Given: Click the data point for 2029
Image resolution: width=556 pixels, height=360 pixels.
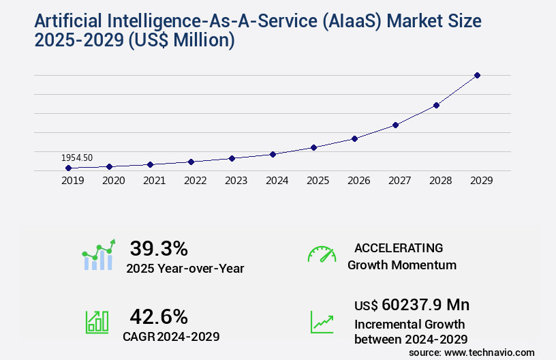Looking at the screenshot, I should (x=477, y=75).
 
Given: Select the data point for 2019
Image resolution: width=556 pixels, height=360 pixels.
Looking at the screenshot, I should (x=68, y=168).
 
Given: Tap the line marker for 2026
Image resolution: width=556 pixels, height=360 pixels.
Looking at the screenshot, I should (x=354, y=138).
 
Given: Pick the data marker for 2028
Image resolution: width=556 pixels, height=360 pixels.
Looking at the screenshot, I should (x=436, y=105).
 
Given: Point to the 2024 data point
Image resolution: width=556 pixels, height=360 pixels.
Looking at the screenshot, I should (x=273, y=154).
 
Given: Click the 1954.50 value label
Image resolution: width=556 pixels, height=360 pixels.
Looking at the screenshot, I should (x=77, y=157).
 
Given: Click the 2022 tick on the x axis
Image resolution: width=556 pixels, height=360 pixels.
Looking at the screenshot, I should (x=195, y=181).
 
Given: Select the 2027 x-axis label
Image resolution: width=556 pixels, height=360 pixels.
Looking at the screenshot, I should (x=399, y=181).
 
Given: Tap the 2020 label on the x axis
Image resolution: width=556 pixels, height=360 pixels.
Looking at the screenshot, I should (x=113, y=181).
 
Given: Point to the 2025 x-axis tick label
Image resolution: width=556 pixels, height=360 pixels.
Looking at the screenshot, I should (x=318, y=181).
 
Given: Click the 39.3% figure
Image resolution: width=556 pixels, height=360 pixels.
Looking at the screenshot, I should (x=159, y=248).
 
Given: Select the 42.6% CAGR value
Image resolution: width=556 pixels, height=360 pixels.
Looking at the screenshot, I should (x=159, y=316).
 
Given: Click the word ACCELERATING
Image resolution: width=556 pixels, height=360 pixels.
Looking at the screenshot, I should (x=399, y=247).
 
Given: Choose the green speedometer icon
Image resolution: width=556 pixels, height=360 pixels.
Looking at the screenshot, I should (x=322, y=254).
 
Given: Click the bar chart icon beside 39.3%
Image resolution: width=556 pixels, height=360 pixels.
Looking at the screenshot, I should (x=99, y=256).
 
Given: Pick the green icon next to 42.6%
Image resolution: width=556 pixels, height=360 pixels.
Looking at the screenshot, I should (x=97, y=322).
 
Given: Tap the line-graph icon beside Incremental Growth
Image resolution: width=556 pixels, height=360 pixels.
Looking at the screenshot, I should (x=322, y=322).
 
